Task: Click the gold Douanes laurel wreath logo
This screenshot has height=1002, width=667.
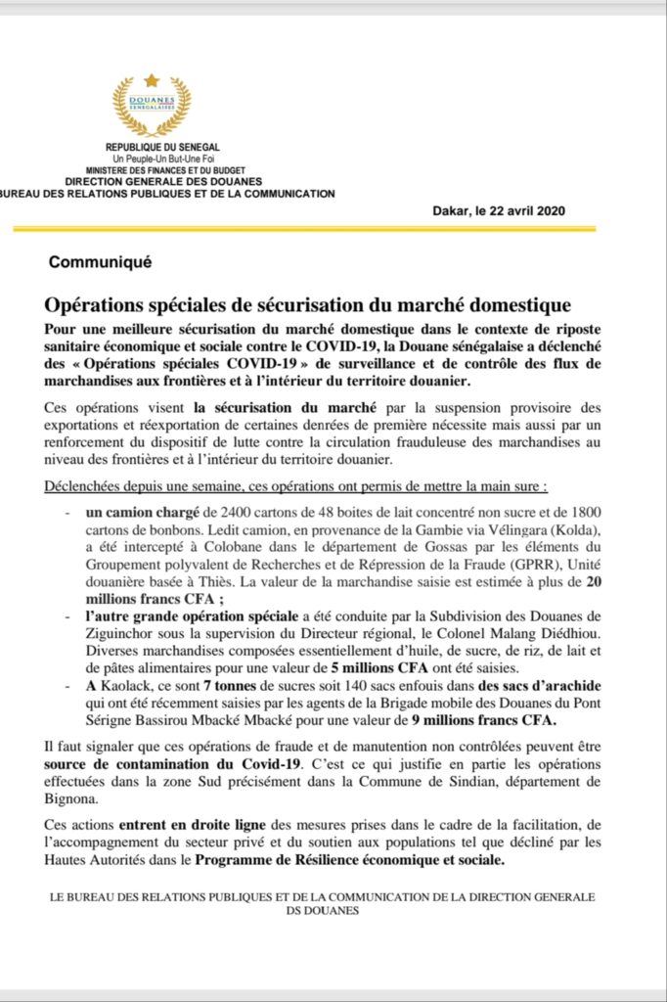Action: point(152,106)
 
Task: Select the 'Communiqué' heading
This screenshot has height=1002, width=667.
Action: point(100,262)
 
